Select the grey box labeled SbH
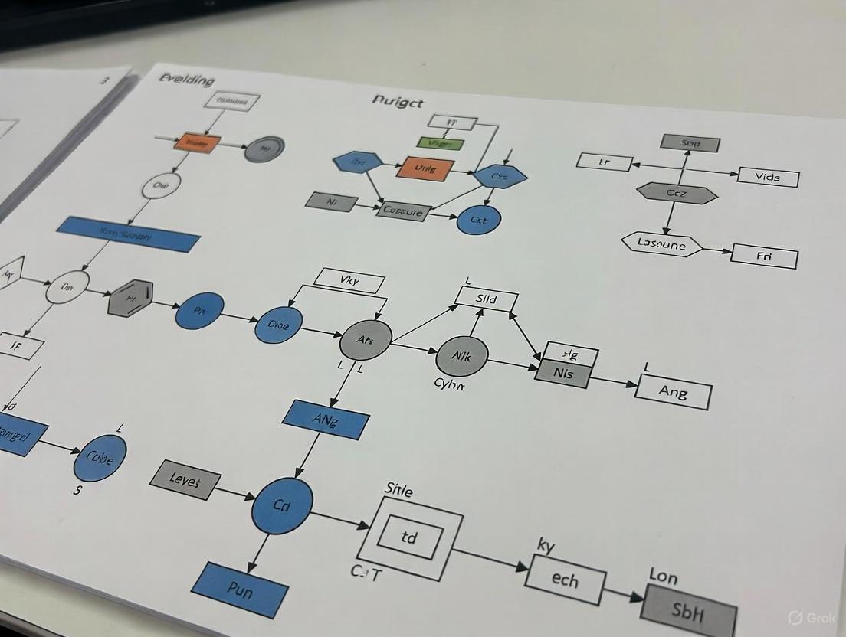[x=688, y=612]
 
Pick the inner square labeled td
[x=410, y=536]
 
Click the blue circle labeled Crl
[x=282, y=505]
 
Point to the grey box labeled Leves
[x=185, y=481]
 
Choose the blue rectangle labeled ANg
[x=326, y=420]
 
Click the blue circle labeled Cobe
[x=100, y=458]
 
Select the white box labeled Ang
[x=674, y=392]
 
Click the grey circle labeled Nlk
[x=461, y=356]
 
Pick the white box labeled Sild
[x=487, y=298]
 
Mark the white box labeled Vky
[x=349, y=280]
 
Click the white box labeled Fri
[x=764, y=256]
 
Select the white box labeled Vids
[x=768, y=177]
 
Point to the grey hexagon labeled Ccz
[x=677, y=194]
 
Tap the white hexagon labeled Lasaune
[x=661, y=243]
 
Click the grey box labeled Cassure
[x=402, y=211]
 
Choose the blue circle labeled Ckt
[x=478, y=220]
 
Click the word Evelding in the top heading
[x=187, y=80]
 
